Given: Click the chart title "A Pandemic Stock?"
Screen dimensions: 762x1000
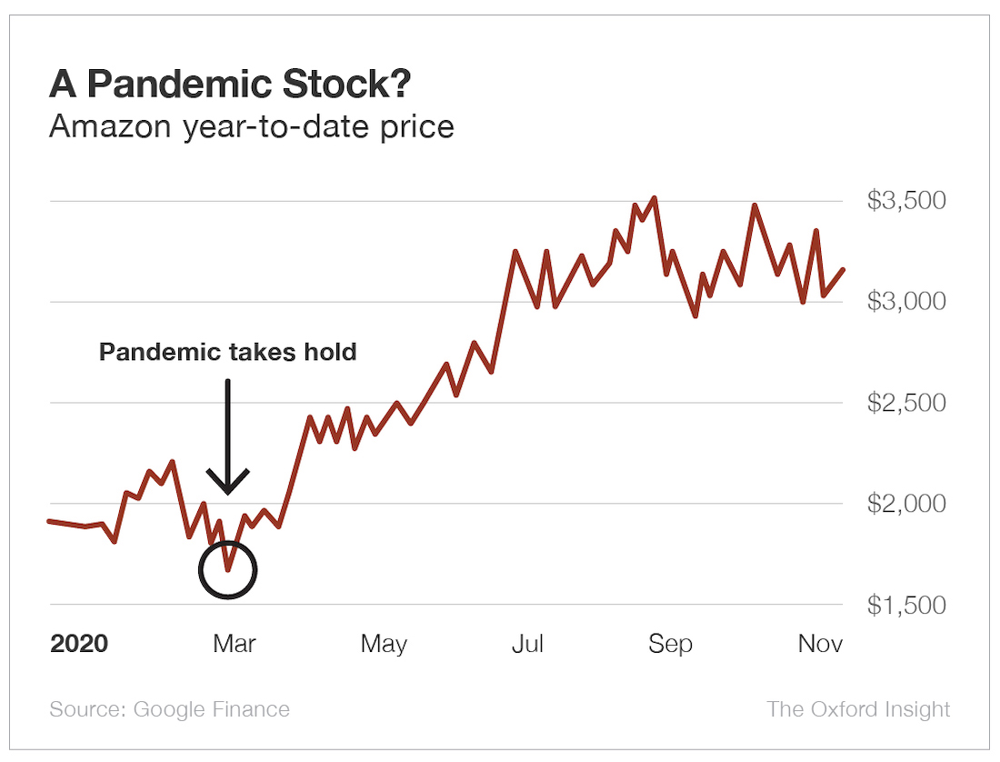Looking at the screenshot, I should [230, 85].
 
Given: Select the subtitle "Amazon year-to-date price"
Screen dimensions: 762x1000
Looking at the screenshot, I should [251, 125].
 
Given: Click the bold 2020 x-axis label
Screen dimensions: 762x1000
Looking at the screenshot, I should [79, 645].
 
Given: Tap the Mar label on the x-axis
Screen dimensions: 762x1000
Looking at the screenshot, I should [235, 645].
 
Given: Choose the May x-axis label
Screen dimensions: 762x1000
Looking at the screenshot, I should [384, 645].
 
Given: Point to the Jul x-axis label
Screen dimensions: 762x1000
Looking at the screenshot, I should [527, 645].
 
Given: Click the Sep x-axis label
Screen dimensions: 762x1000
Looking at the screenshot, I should [670, 645].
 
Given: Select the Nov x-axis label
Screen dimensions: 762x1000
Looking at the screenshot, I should [820, 645].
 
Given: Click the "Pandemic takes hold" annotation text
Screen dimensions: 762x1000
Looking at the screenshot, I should [227, 352].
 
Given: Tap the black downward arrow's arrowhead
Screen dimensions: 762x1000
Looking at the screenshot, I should [227, 483].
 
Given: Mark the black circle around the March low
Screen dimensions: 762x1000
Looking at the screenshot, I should [228, 570].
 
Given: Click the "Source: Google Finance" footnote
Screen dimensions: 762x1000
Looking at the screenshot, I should [170, 709].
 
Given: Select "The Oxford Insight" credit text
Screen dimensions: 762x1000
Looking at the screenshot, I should [858, 709].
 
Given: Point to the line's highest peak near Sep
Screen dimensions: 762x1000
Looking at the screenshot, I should [655, 197].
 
